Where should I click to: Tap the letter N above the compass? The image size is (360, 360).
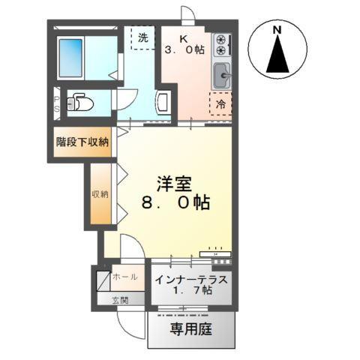click(277, 29)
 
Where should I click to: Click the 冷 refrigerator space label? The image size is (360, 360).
click(221, 103)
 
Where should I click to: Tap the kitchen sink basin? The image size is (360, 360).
click(222, 75)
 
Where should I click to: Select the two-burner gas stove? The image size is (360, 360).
click(221, 45)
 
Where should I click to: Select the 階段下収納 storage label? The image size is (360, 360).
click(82, 142)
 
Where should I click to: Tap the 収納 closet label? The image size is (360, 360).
click(100, 193)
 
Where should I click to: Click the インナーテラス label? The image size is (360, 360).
click(191, 280)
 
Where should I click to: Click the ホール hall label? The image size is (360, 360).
click(124, 277)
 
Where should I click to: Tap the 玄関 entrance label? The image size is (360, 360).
click(120, 300)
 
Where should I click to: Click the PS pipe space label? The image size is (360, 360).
click(57, 103)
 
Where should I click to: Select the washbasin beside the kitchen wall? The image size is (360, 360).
click(164, 102)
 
